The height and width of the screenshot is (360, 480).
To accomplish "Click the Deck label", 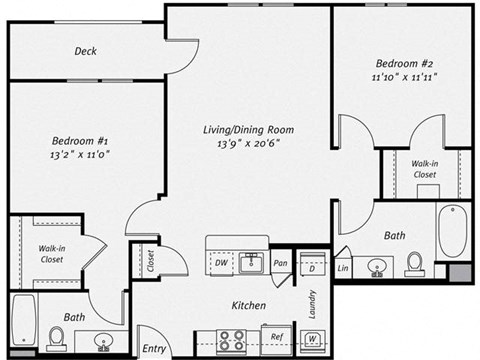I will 86,51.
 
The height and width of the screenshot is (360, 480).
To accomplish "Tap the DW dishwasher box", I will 221,263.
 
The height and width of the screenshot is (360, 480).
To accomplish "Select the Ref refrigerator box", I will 277,337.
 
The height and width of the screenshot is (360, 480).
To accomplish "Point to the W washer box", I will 312,338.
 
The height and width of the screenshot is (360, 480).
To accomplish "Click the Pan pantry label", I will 282,264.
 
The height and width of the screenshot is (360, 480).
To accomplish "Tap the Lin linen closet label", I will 343,268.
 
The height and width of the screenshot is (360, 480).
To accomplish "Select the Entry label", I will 153,348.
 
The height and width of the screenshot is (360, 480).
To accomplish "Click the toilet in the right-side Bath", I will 414,263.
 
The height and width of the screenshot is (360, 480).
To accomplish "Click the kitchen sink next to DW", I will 251,263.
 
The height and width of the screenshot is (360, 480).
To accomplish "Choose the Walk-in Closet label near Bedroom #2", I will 426,169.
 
